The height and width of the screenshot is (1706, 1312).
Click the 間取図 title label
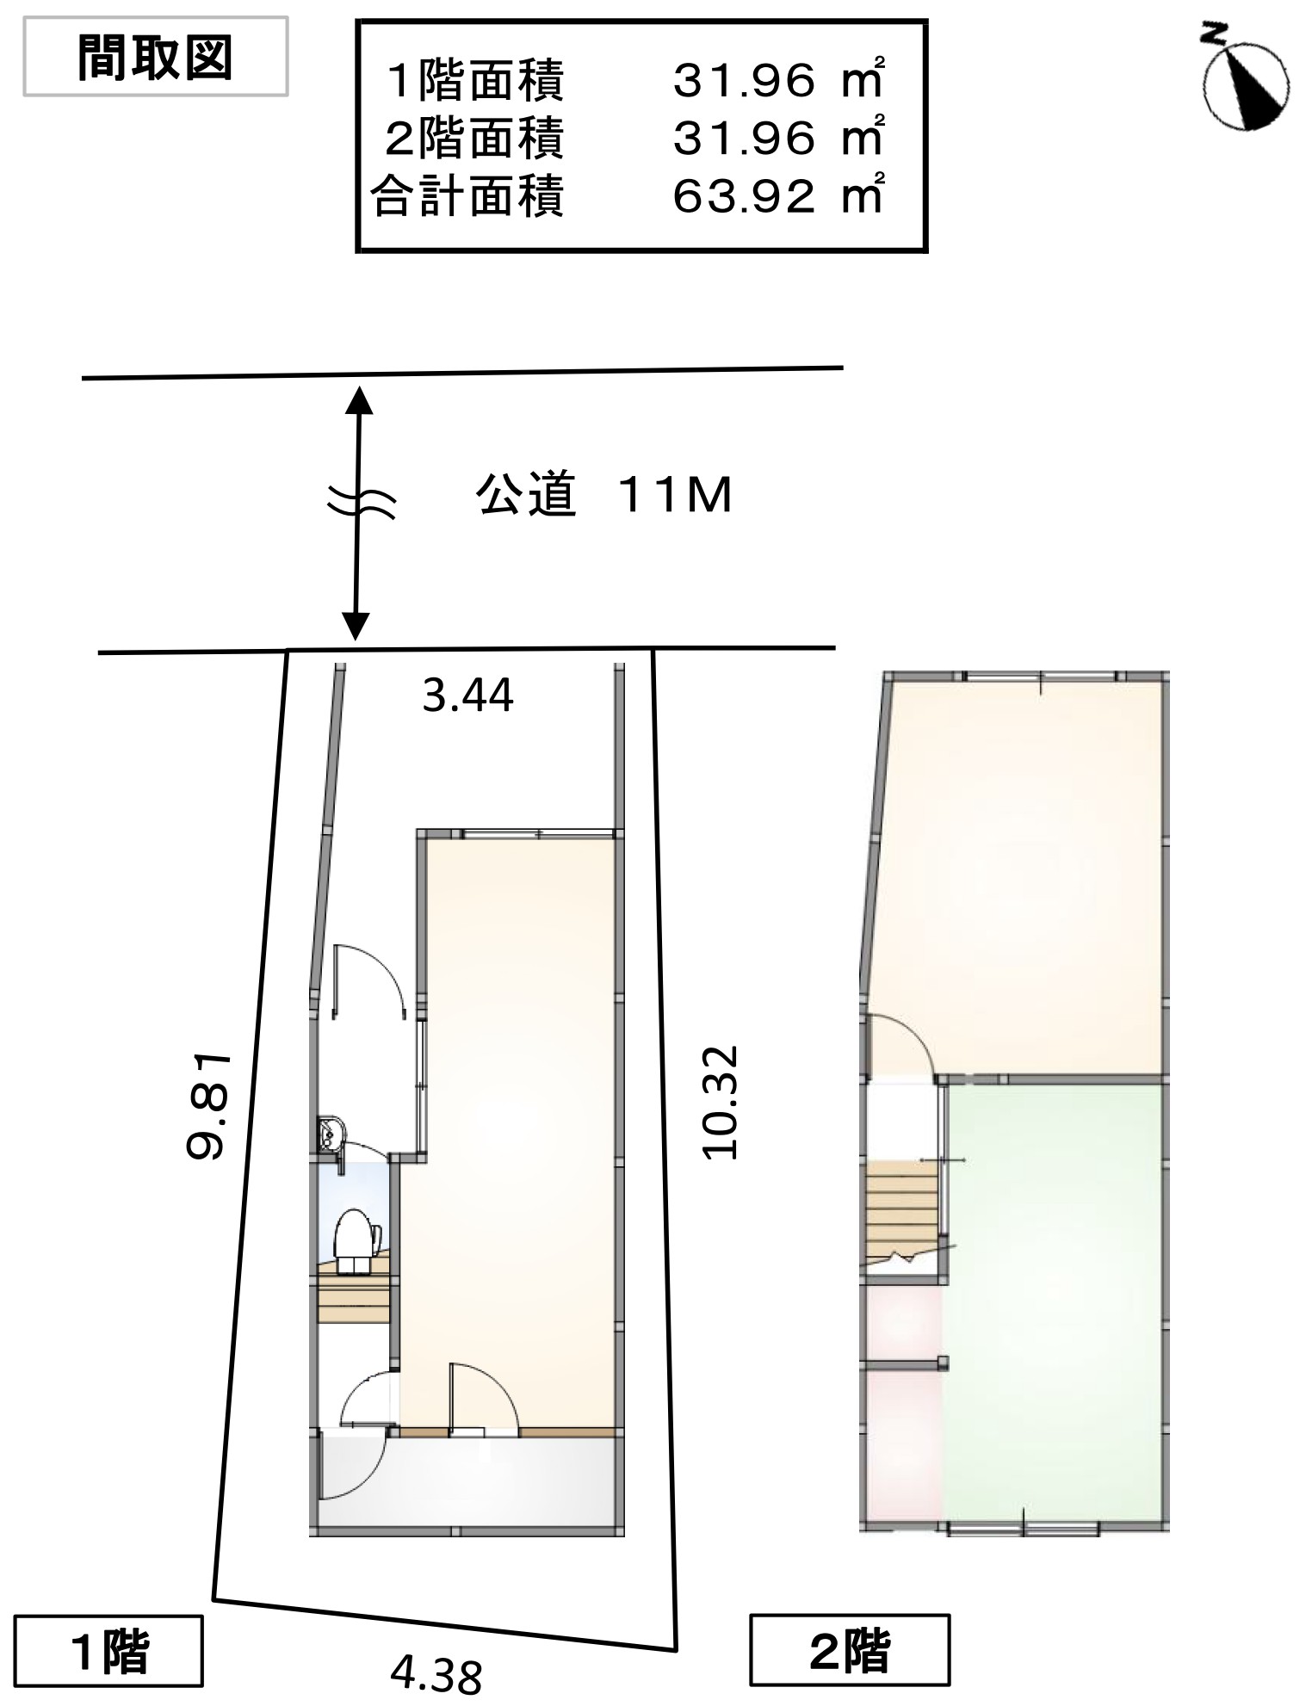point(155,59)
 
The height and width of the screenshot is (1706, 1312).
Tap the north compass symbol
point(1245,86)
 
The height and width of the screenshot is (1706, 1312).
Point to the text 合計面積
point(467,195)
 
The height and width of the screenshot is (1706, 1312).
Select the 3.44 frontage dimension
point(467,695)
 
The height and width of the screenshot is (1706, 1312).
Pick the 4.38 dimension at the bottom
point(436,1674)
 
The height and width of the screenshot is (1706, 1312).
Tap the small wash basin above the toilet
point(330,1134)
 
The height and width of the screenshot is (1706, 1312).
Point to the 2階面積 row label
point(473,138)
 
